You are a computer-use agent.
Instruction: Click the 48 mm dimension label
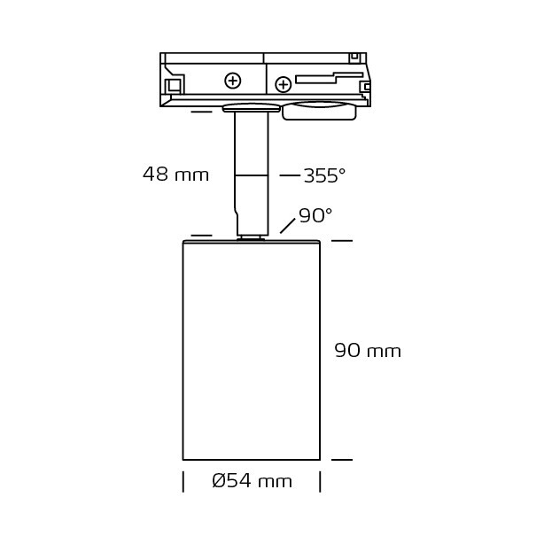pyautogui.click(x=175, y=175)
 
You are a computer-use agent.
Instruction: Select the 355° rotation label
pyautogui.click(x=325, y=175)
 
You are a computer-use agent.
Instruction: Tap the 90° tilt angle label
pyautogui.click(x=315, y=215)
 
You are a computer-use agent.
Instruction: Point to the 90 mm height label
pyautogui.click(x=368, y=350)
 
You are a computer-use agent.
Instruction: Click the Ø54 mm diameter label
pyautogui.click(x=253, y=481)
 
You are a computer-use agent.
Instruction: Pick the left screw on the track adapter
pyautogui.click(x=233, y=82)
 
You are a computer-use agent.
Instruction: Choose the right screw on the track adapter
pyautogui.click(x=284, y=85)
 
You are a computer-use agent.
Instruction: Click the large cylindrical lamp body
pyautogui.click(x=252, y=350)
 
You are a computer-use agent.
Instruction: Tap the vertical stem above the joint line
pyautogui.click(x=252, y=144)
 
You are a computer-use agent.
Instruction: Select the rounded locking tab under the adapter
pyautogui.click(x=319, y=111)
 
